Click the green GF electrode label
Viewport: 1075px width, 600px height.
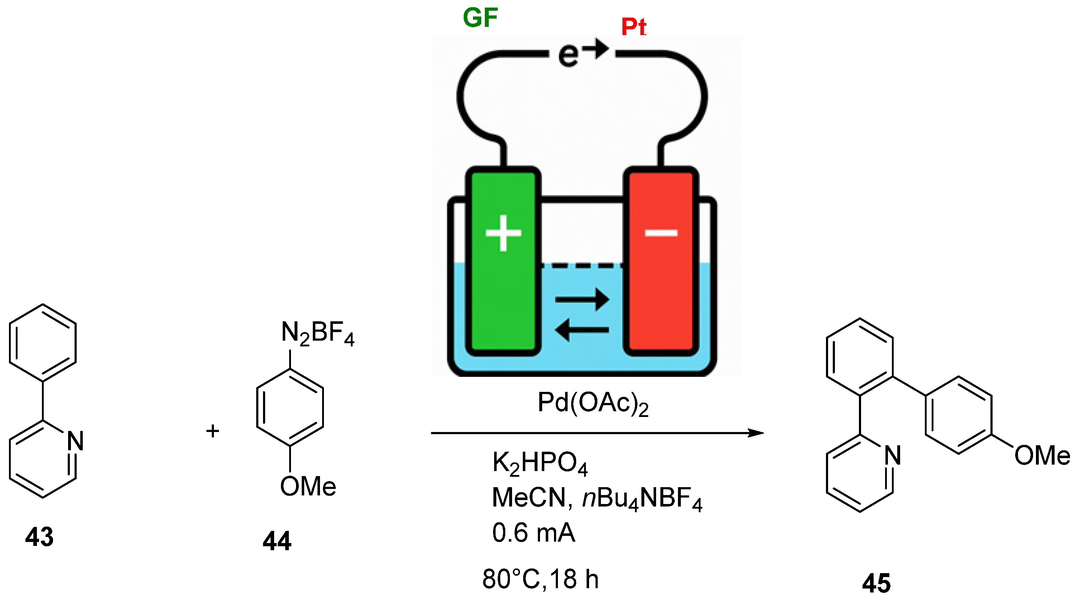coord(480,18)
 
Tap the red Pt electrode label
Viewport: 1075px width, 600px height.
coord(634,27)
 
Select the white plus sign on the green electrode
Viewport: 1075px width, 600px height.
coord(503,233)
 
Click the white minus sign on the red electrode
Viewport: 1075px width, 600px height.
coord(661,233)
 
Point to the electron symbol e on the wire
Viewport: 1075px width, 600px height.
coord(568,55)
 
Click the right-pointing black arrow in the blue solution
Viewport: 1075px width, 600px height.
coord(582,299)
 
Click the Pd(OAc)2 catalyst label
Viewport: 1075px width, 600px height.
coord(593,403)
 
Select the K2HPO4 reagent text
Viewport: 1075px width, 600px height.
coord(540,463)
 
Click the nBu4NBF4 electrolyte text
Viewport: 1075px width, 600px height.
coord(642,499)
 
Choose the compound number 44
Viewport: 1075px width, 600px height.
coord(277,541)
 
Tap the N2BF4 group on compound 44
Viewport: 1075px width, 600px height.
coord(317,334)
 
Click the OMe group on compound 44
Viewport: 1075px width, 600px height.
coord(308,486)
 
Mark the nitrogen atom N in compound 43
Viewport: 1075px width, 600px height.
coord(76,441)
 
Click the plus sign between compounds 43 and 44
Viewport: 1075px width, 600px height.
coord(212,431)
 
